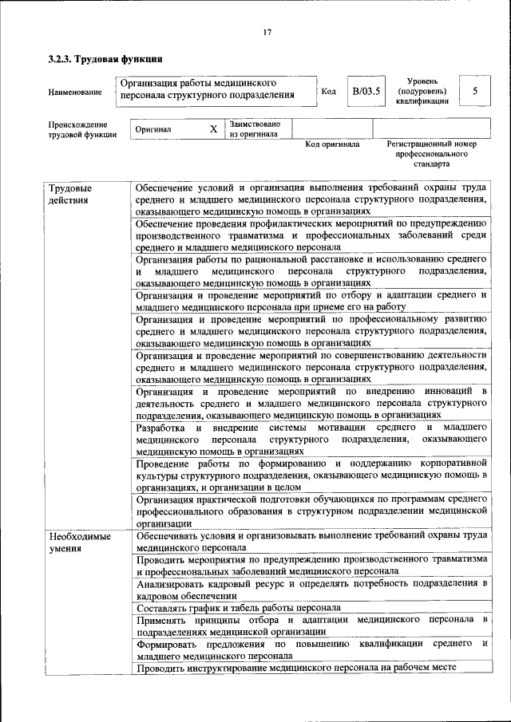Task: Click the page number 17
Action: tap(267, 32)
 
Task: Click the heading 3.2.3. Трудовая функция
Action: tap(105, 59)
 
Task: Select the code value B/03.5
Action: tap(366, 91)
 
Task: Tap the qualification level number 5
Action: tap(474, 91)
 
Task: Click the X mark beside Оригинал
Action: tap(212, 129)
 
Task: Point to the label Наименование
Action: tap(75, 93)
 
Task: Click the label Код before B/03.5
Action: tap(328, 91)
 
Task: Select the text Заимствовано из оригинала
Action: tap(255, 129)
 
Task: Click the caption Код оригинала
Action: tap(332, 145)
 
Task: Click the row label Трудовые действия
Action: tap(70, 194)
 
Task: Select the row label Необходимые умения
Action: tap(80, 542)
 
